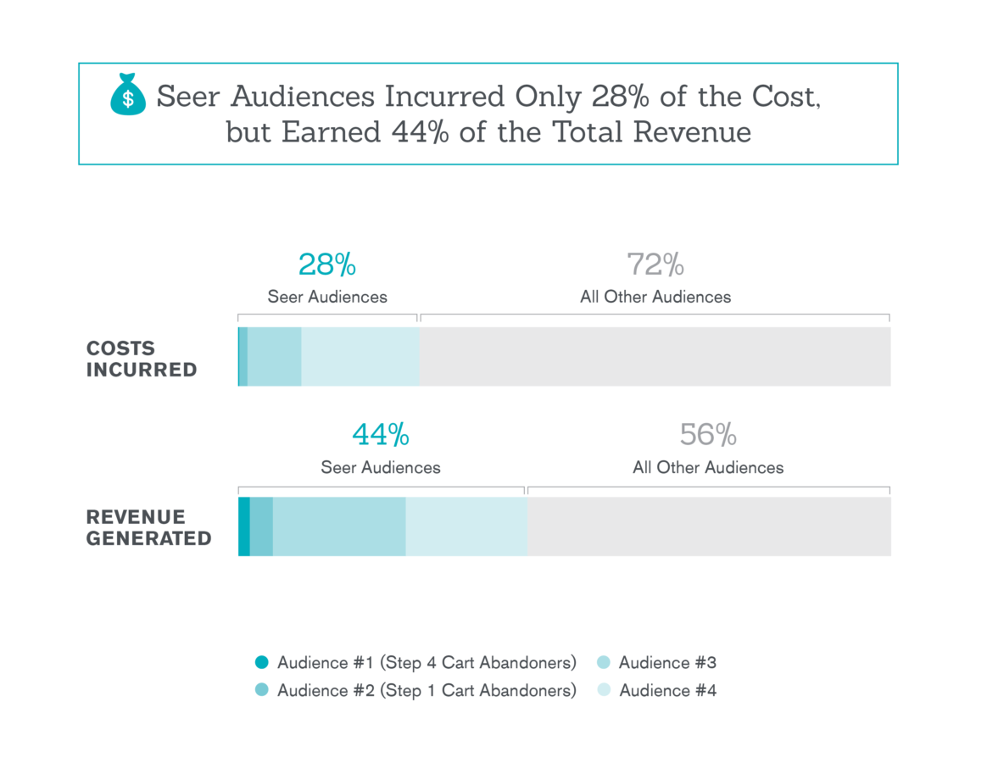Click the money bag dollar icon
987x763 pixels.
pos(128,95)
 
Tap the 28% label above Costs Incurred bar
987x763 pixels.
pos(327,265)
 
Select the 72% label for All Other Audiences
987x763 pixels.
pos(655,265)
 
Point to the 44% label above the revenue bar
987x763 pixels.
pos(381,435)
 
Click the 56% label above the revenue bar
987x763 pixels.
pos(708,435)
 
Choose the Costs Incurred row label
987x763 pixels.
pos(142,359)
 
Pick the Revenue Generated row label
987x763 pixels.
pos(148,527)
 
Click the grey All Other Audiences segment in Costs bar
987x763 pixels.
pos(655,357)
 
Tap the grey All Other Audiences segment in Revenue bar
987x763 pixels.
pos(708,526)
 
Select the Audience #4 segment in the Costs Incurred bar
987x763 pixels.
pos(360,357)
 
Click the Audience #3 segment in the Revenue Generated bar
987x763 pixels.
pos(339,526)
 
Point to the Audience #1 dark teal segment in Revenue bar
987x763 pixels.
pos(244,526)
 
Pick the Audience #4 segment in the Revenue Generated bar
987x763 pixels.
pos(466,526)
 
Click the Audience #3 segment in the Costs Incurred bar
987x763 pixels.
pos(275,357)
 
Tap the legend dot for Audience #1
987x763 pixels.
pos(262,663)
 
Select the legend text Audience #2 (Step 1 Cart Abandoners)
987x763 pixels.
pos(427,691)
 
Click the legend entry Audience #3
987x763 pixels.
pos(667,663)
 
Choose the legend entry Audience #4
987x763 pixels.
pos(667,691)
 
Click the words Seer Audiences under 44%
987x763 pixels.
pos(381,467)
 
